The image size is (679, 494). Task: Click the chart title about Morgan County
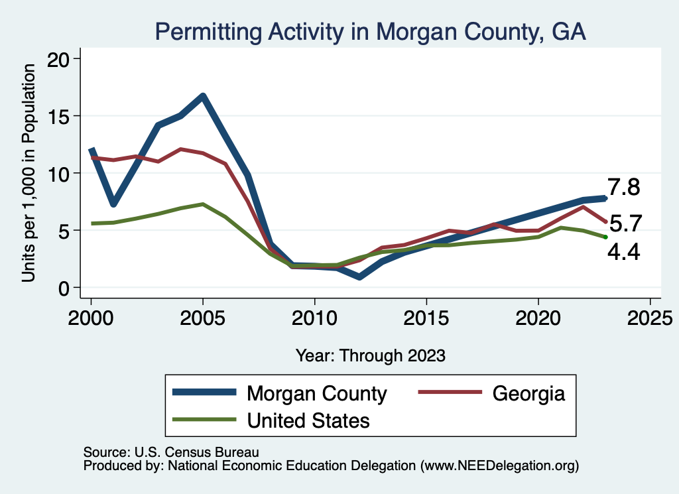coord(370,32)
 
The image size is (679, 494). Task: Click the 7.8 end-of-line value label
coord(623,188)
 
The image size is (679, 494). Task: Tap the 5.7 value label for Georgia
coord(625,223)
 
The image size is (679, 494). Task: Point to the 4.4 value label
coord(623,252)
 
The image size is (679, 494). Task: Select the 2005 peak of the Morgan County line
coord(203,96)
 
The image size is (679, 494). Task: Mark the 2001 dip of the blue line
coord(113,204)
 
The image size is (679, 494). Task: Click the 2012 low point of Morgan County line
coord(359,277)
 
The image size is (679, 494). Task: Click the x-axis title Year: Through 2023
coord(370,355)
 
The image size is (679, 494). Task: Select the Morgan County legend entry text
coord(316,393)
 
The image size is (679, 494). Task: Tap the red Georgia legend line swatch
coord(449,393)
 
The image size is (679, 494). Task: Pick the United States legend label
coord(308,420)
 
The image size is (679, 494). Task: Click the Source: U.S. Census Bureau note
coord(170,452)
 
